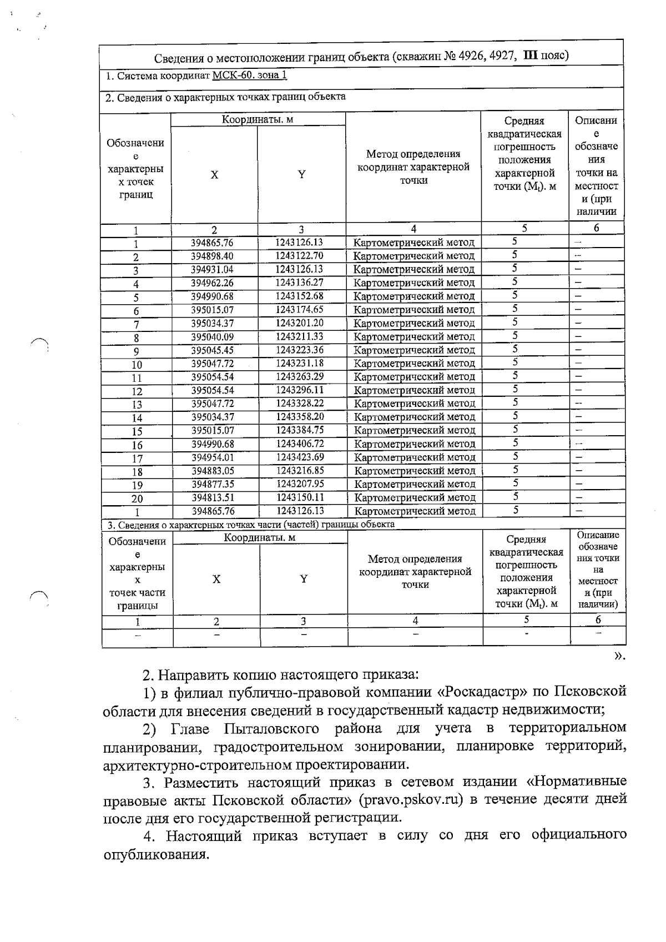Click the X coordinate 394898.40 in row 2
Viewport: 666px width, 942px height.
coord(212,256)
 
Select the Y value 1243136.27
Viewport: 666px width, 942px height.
coord(300,283)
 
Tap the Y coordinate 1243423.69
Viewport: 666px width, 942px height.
coord(300,457)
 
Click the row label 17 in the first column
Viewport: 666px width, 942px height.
coord(137,459)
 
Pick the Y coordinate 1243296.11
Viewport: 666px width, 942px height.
coord(300,390)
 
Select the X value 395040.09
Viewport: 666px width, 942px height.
coord(213,336)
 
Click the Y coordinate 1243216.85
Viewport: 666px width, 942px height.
coord(300,470)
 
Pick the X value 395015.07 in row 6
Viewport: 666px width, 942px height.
coord(212,310)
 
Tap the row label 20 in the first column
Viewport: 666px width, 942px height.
coord(137,499)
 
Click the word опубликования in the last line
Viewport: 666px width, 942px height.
coord(156,854)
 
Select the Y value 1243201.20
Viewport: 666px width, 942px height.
coord(300,323)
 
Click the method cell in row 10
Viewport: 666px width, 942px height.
coord(414,363)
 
